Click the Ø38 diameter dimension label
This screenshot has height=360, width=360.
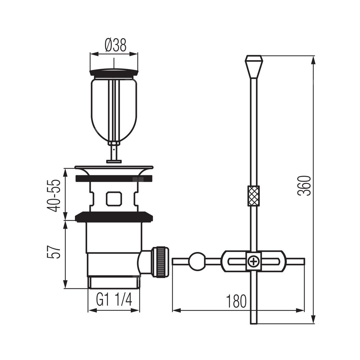click(x=116, y=45)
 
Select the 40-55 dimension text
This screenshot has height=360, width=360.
click(x=54, y=195)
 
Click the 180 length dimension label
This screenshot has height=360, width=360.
click(x=236, y=301)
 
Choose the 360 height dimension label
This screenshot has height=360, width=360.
click(x=304, y=185)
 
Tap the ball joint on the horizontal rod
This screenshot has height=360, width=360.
click(x=197, y=261)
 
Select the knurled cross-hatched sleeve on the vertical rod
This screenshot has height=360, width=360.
click(x=253, y=196)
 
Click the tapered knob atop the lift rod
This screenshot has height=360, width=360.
click(x=254, y=67)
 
